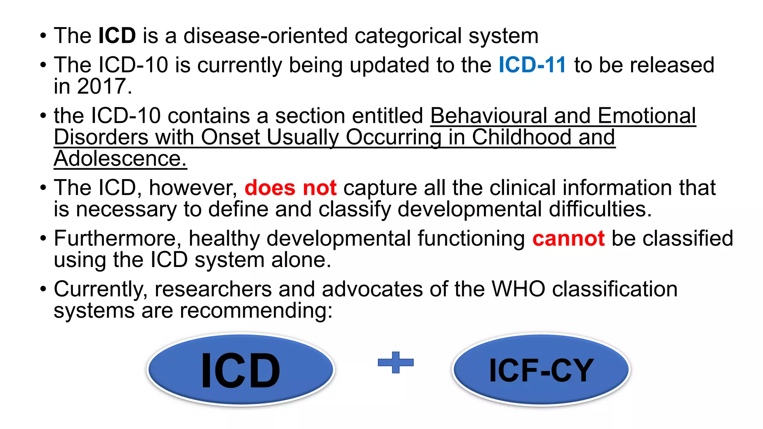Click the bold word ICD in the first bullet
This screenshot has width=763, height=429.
[x=117, y=36]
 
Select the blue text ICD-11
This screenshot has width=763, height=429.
[x=532, y=65]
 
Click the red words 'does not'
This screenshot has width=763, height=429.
[x=291, y=188]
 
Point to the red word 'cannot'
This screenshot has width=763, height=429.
[x=568, y=238]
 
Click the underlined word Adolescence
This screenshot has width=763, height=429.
[x=120, y=159]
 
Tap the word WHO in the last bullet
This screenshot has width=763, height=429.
[x=518, y=289]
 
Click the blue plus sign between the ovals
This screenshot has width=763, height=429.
[x=395, y=362]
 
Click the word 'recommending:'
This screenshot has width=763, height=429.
[x=256, y=311]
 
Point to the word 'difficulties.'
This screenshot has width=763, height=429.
[x=600, y=209]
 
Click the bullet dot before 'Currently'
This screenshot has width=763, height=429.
[x=44, y=289]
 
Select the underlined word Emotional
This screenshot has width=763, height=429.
[x=647, y=116]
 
